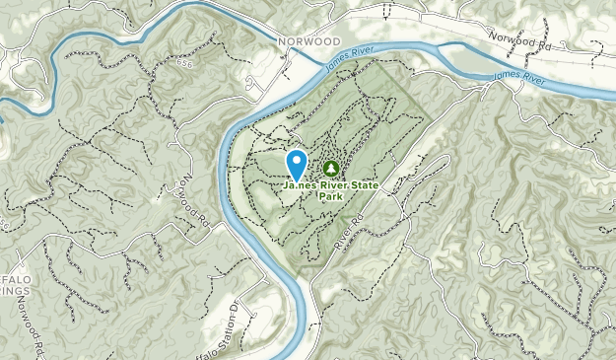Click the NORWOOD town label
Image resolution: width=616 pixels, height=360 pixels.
[301, 41]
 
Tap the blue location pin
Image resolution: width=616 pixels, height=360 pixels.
[296, 164]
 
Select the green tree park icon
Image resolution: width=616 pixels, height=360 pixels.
[330, 169]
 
